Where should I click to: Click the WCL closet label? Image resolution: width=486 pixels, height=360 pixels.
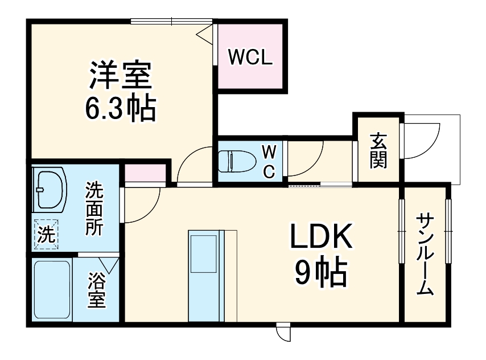click(250, 57)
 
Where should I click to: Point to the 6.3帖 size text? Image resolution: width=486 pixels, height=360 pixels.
click(120, 108)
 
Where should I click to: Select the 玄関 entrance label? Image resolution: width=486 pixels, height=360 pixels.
click(378, 150)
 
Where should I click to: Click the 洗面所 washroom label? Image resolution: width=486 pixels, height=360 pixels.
click(94, 208)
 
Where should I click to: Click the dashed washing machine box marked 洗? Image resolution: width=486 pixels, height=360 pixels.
click(46, 234)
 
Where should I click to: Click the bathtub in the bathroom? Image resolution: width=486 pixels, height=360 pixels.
click(52, 290)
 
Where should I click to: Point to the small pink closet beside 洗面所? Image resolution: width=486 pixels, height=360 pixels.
click(145, 172)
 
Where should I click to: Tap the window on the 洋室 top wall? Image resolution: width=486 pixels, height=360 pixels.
click(171, 22)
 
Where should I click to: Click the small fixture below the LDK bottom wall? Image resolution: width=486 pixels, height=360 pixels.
click(283, 332)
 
